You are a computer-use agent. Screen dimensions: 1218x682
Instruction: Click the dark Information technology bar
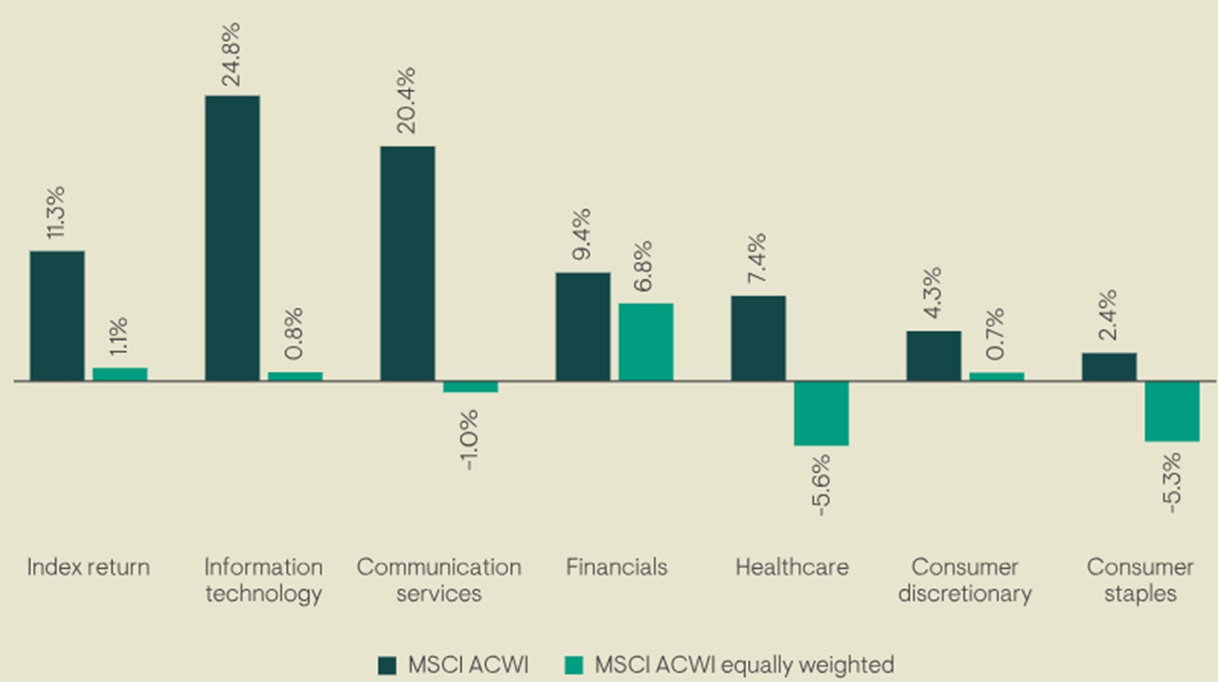coord(232,238)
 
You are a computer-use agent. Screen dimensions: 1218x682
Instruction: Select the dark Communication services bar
coord(407,263)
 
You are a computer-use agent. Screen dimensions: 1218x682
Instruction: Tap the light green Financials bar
coord(646,342)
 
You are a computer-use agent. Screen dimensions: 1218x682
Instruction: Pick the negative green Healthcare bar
coord(821,414)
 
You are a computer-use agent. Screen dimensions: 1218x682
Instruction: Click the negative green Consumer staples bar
coord(1172,411)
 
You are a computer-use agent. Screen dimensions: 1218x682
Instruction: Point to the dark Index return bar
coord(57,315)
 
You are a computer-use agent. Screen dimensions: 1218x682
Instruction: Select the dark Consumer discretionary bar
coord(933,356)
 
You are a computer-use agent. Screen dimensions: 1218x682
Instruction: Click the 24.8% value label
coord(231,54)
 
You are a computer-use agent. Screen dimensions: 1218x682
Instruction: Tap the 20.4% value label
coord(406,100)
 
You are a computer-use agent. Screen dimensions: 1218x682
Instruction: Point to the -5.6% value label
coord(820,485)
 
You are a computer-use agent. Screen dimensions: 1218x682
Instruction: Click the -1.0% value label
coord(469,440)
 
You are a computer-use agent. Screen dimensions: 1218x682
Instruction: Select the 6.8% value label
coord(643,266)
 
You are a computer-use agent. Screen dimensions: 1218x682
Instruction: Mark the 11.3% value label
coord(56,212)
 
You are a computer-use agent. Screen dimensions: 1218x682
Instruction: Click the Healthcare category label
coord(791,567)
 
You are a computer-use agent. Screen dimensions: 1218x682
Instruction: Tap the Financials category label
coord(617,567)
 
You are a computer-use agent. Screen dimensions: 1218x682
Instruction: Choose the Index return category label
coord(88,567)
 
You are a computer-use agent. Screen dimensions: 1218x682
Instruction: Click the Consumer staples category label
coord(1140,580)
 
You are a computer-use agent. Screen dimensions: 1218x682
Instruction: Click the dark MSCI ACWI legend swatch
coord(387,665)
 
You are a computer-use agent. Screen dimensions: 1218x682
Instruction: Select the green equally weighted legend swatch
coord(574,665)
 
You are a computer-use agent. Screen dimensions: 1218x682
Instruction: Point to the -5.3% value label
coord(1171,483)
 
